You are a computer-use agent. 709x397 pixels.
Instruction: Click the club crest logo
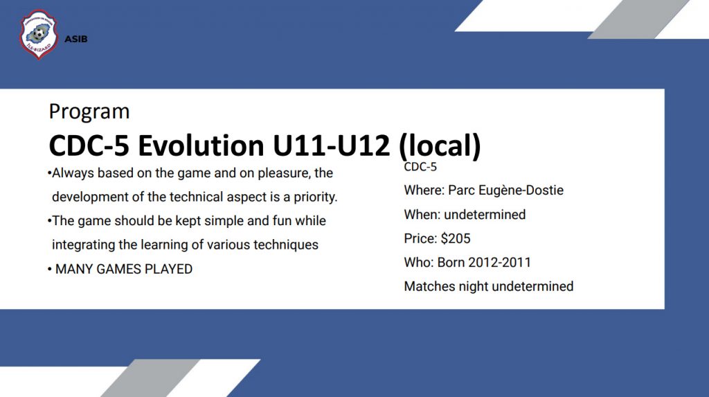39,35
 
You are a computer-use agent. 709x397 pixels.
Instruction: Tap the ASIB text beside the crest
76,39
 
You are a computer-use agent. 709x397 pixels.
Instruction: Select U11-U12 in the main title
331,145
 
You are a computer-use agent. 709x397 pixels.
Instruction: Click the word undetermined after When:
485,215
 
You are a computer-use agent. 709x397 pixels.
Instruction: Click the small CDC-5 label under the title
420,167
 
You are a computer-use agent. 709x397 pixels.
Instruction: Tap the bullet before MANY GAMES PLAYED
49,270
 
